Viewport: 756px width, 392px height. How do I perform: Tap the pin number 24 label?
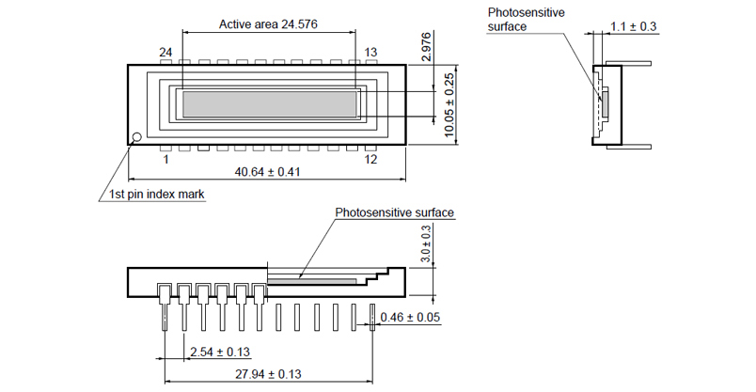tap(165, 52)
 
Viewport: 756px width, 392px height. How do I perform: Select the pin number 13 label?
tap(370, 52)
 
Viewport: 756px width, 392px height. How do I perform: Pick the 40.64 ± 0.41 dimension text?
tap(266, 172)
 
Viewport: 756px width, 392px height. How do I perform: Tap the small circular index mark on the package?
tap(135, 137)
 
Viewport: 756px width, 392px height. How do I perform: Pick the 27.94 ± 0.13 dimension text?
tap(272, 374)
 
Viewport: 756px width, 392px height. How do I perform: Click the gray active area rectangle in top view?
tap(270, 103)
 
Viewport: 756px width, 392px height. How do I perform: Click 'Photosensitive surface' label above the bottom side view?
tap(395, 213)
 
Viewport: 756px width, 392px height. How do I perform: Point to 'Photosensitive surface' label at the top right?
tap(524, 19)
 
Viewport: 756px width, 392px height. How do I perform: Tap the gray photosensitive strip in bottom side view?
tap(311, 280)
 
